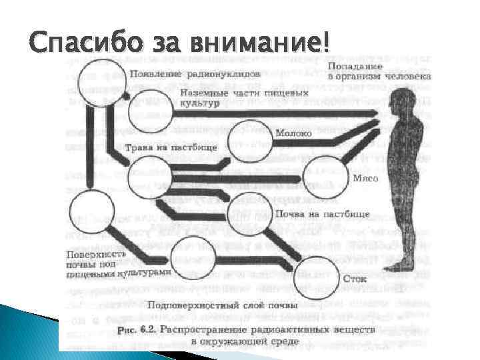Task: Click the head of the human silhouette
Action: pos(401,101)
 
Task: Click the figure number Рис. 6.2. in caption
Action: pos(136,329)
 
